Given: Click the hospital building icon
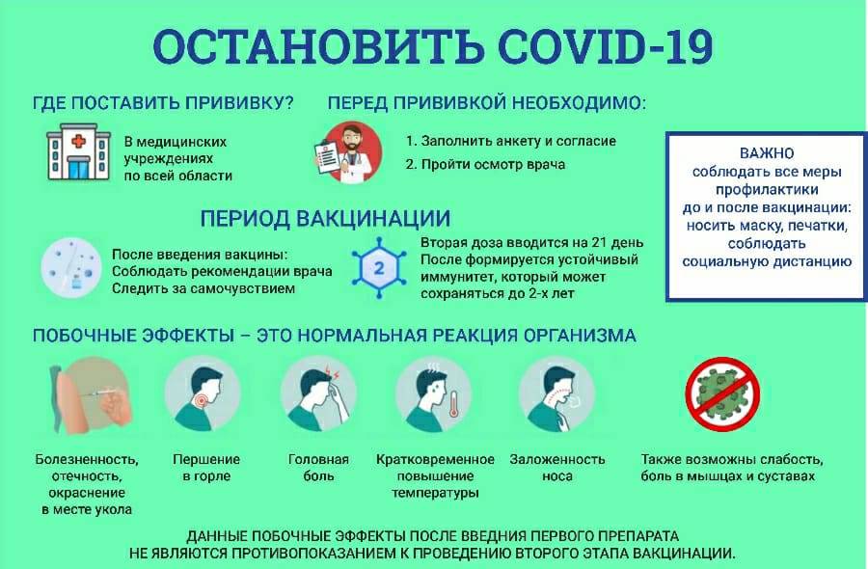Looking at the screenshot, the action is coord(77,151).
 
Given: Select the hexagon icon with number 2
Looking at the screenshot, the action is coord(379,268).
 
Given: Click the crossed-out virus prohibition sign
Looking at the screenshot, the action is coord(722,393).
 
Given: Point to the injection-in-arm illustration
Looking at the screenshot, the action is coord(91,394).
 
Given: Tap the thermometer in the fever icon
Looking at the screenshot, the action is coord(453,404).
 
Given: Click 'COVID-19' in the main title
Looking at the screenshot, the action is coord(606,46).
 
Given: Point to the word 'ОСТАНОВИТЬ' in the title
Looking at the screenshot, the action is coord(318,46).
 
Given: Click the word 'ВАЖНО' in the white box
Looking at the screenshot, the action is coord(767,153).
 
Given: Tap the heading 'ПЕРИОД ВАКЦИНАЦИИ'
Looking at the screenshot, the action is coord(325,218).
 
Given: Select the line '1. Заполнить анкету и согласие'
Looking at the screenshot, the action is coord(511,141).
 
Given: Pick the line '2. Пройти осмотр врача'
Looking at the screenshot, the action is coord(485,164).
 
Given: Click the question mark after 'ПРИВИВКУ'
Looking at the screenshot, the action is coord(287,103).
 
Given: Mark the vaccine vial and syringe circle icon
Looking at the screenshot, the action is coord(71,268).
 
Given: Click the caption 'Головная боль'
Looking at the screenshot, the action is coord(318,468).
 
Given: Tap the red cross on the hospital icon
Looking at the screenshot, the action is coord(78,141).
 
